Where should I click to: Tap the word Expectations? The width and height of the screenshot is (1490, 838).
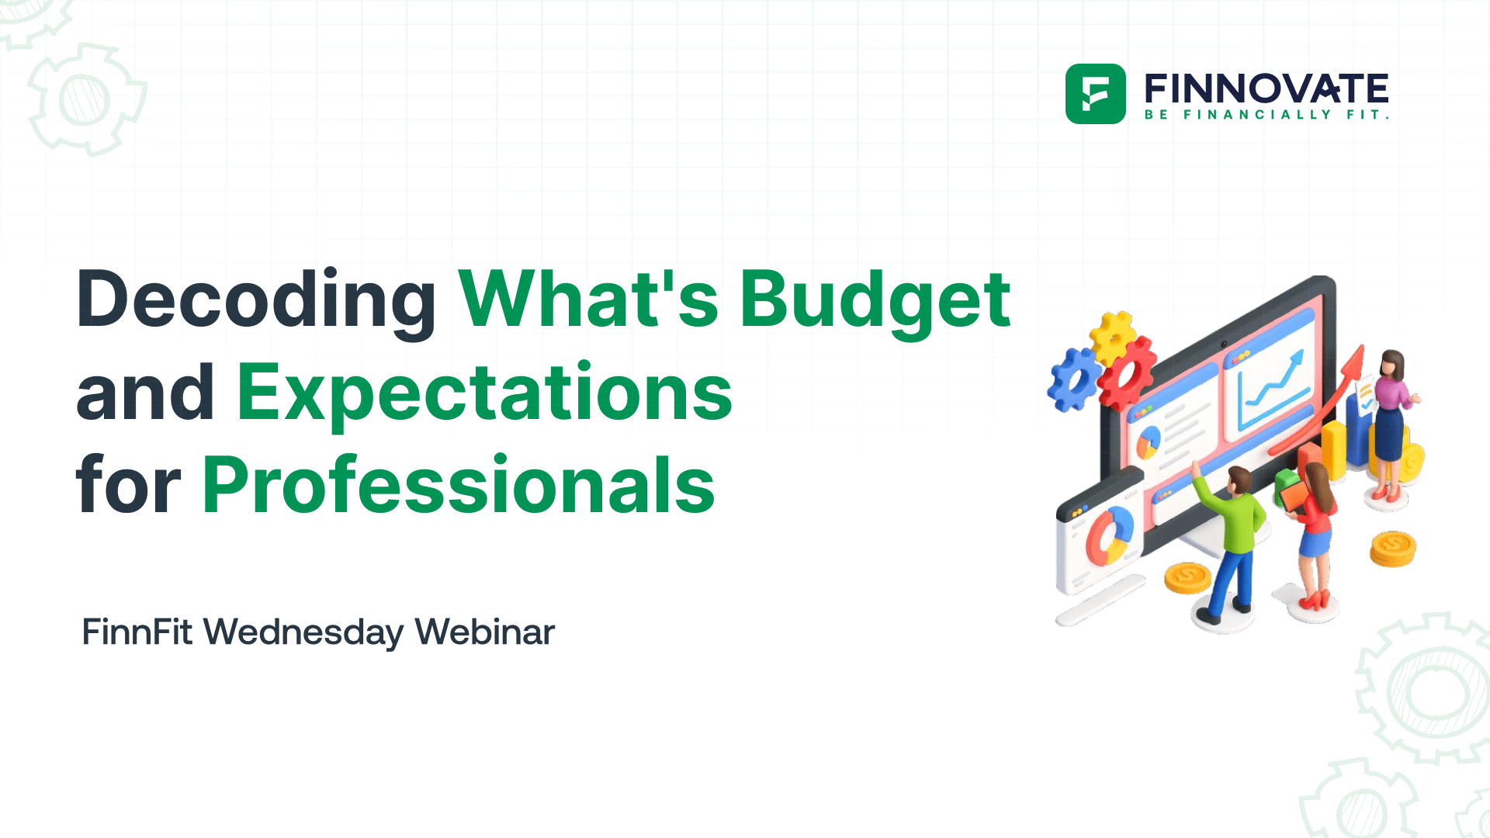484,393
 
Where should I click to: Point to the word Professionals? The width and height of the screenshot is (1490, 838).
458,486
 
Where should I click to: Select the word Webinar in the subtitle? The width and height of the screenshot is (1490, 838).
484,632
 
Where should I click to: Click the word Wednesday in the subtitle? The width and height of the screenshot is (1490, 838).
303,632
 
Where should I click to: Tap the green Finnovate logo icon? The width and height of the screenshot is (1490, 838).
1095,94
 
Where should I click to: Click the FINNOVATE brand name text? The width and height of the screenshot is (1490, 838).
1266,88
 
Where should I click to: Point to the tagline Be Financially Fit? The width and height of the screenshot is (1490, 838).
1266,115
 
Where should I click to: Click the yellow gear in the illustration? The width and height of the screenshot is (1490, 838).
1112,335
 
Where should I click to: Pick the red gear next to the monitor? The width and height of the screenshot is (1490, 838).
1125,373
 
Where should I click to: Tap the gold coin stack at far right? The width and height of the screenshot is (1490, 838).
1392,549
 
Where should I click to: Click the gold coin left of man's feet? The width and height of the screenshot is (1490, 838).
1187,578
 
